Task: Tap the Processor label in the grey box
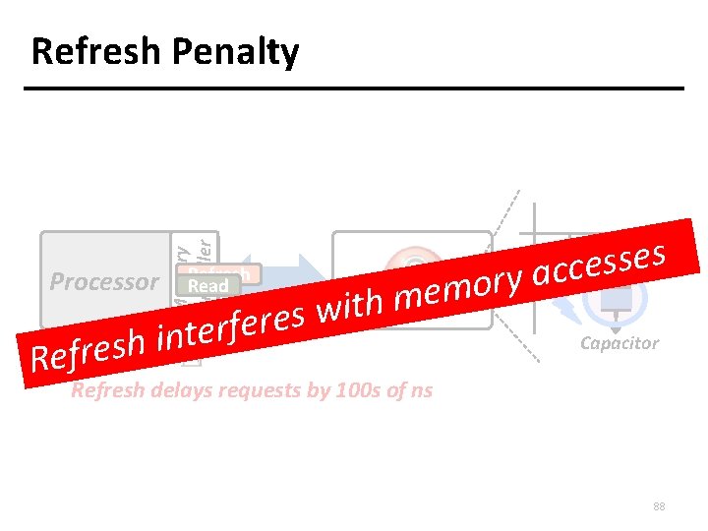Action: pos(104,282)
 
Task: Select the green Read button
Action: pos(207,286)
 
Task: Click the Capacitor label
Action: pos(619,343)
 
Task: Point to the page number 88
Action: pos(659,506)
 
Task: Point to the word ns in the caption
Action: pos(421,390)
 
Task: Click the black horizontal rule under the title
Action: pos(354,88)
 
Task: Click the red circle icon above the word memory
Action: pos(413,264)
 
